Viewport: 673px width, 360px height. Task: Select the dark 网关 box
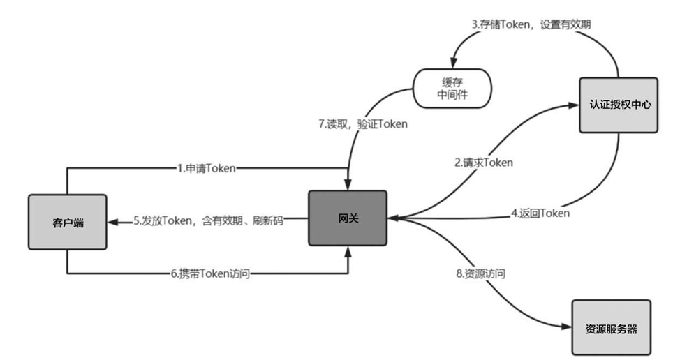(348, 218)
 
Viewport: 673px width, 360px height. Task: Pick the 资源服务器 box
(611, 329)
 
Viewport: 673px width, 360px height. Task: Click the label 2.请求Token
(484, 163)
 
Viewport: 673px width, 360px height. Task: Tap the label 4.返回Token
(540, 213)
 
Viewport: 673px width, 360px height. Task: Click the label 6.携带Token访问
(210, 274)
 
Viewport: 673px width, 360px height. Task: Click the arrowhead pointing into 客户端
(112, 221)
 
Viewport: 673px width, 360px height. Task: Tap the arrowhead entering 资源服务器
(567, 326)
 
